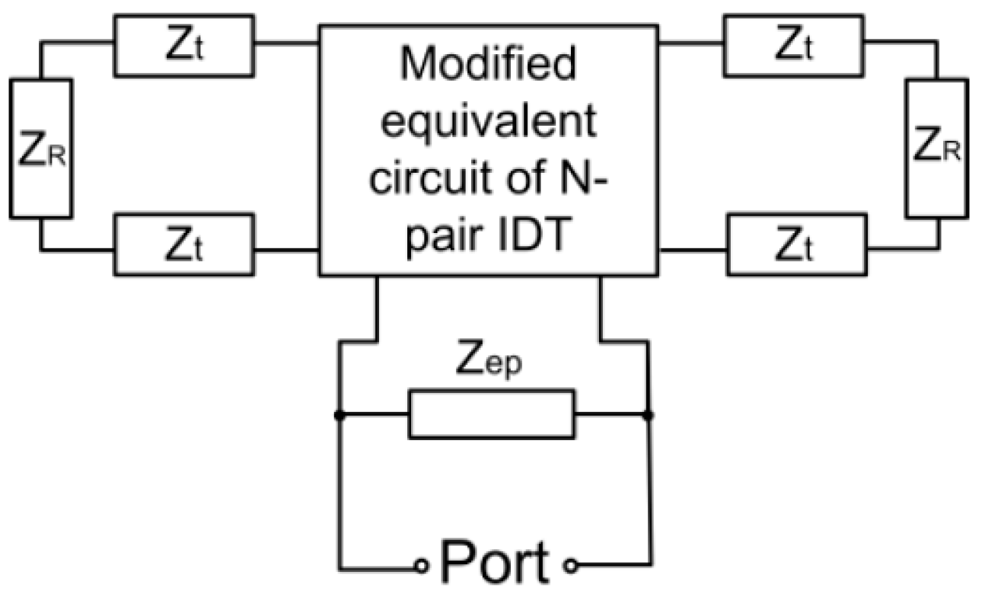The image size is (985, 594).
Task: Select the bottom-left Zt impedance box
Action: pos(183,244)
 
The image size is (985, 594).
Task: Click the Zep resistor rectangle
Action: pos(492,415)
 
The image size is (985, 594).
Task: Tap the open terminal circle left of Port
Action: pos(420,566)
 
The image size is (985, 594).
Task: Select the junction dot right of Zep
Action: pos(648,416)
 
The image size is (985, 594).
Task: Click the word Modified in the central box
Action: pos(488,70)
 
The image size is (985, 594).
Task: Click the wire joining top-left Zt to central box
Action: pos(286,43)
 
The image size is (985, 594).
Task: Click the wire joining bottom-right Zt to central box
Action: pos(693,248)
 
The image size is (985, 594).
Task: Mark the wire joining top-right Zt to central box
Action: pos(693,43)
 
